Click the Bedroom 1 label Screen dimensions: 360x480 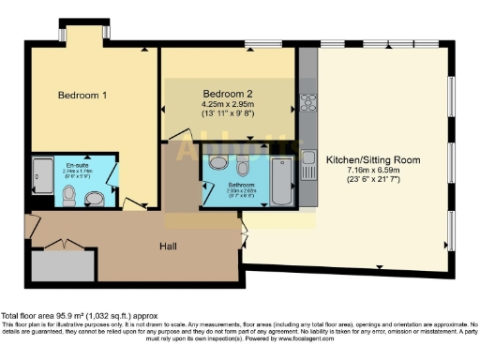(x=82, y=96)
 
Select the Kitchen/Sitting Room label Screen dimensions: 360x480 (x=372, y=160)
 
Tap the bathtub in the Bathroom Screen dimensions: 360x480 (x=280, y=180)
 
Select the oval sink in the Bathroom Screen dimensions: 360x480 (x=217, y=163)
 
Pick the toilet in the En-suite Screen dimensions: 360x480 (x=68, y=194)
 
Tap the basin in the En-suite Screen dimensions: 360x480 (x=93, y=198)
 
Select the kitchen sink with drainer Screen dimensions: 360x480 (x=307, y=160)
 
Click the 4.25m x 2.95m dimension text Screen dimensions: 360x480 (x=230, y=104)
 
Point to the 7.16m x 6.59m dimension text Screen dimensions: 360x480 (x=372, y=172)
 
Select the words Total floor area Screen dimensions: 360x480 (x=30, y=316)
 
